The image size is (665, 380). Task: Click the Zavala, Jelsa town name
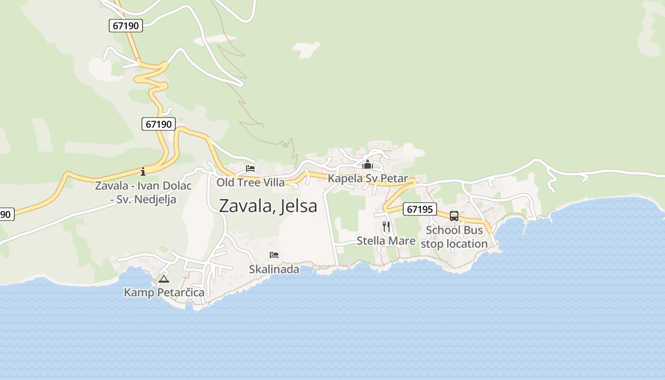point(268,206)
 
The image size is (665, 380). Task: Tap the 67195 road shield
point(420,209)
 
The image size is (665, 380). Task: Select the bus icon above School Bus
point(454,216)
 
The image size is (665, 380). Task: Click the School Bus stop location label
point(454,237)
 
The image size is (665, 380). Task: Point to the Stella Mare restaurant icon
point(386,227)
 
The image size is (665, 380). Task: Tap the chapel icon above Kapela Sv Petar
point(367,165)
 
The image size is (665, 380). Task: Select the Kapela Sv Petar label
point(368,179)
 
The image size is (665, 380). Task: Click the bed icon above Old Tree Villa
point(250,169)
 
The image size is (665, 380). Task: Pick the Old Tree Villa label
point(251,182)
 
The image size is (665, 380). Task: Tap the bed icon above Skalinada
point(274,255)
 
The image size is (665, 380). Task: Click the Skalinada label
point(274,269)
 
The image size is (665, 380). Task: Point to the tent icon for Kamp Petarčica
point(164,279)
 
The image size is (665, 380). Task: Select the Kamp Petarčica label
point(164,292)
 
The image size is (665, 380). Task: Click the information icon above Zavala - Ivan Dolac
point(143,171)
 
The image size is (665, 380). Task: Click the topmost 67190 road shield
point(126,26)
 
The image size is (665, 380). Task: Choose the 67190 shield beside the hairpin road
point(159,124)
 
